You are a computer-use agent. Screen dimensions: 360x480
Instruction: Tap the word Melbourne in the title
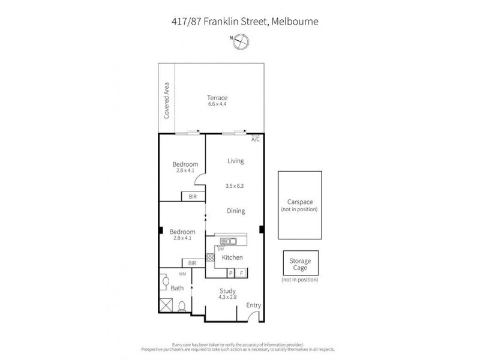pos(294,22)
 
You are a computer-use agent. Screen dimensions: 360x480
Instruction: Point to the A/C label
pos(255,140)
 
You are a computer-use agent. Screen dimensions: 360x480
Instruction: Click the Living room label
pos(236,161)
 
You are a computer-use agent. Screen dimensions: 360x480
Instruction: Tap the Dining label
pos(236,211)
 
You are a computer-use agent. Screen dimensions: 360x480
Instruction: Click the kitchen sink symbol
pos(229,242)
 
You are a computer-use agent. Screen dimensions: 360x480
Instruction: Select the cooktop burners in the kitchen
pos(211,258)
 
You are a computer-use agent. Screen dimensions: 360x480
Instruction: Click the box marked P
pos(230,274)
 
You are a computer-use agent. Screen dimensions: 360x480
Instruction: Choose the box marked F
pos(241,274)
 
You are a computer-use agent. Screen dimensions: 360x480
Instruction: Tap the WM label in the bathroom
pos(182,274)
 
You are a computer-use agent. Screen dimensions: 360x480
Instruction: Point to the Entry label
pos(254,305)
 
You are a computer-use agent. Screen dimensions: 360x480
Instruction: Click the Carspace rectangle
pos(299,203)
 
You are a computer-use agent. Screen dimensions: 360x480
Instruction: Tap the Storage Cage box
pos(300,264)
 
